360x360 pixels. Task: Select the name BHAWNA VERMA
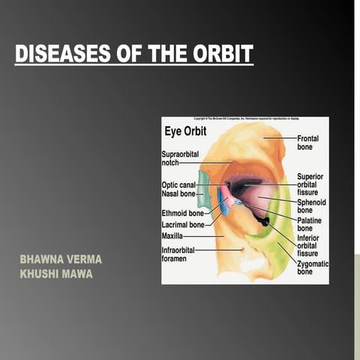click(x=61, y=259)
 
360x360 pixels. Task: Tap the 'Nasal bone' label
click(x=178, y=194)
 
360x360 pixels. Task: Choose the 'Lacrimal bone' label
click(x=182, y=223)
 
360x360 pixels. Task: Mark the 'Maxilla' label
click(x=174, y=235)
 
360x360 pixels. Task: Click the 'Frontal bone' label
click(x=307, y=143)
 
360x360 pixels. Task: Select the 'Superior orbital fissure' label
click(x=310, y=184)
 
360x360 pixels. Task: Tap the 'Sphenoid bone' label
click(x=310, y=206)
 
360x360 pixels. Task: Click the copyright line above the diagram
click(x=245, y=119)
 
